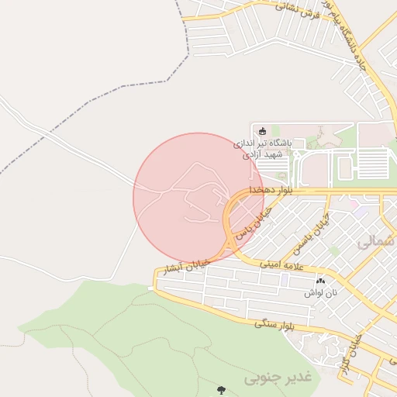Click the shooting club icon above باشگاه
(x=262, y=130)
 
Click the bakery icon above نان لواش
(x=321, y=280)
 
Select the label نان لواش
(x=321, y=293)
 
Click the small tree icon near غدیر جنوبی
(x=223, y=388)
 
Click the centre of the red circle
(x=198, y=197)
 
